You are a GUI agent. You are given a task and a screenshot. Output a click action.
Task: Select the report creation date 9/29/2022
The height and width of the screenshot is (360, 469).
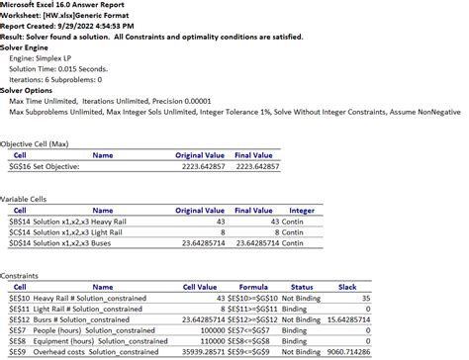click(x=92, y=27)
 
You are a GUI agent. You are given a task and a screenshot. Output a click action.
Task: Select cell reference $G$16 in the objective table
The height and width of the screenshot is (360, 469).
click(x=20, y=166)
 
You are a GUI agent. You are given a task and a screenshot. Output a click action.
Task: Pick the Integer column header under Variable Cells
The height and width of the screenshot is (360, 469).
click(x=301, y=210)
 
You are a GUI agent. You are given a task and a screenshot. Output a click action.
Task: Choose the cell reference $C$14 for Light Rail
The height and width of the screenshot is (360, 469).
click(x=20, y=231)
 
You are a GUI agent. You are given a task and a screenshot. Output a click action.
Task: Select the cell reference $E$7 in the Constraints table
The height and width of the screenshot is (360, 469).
click(x=18, y=330)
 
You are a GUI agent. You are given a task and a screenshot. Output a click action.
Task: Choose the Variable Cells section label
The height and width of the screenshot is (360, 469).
click(x=24, y=199)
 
